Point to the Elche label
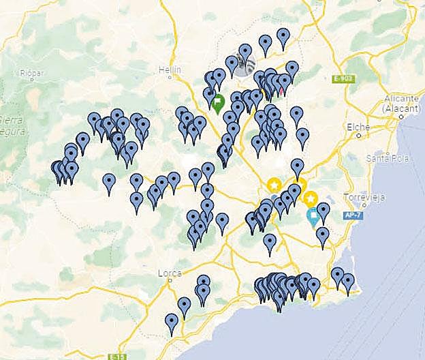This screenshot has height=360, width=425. (358, 127)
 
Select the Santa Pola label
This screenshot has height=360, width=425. (383, 158)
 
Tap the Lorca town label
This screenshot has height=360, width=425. (169, 273)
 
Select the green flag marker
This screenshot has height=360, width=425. (218, 103)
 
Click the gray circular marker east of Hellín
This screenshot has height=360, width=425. (245, 63)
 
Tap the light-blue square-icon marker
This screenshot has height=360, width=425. (313, 217)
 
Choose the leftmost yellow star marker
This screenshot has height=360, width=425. (274, 185)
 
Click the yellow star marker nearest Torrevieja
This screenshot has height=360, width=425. (311, 199)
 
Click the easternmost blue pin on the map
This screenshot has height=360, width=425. (348, 281)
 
